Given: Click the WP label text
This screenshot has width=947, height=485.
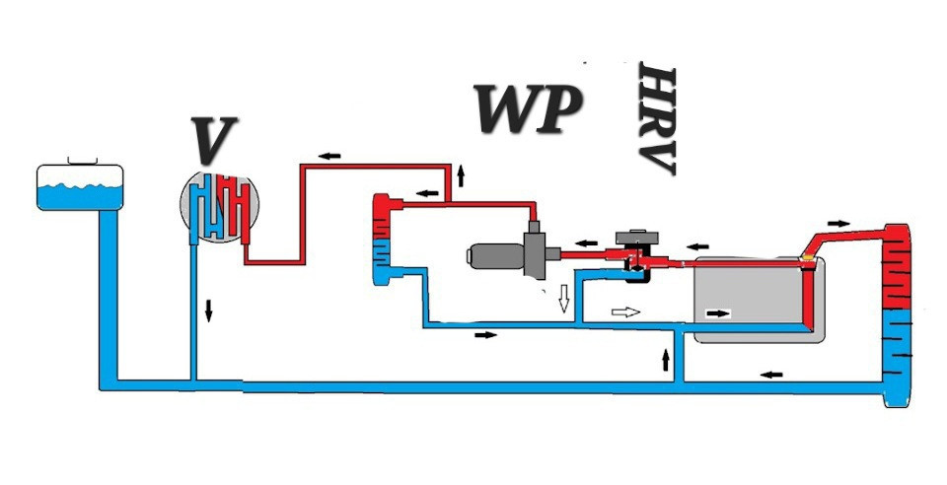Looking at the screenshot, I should (x=527, y=109).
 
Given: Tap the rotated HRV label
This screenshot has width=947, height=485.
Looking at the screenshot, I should (x=656, y=119).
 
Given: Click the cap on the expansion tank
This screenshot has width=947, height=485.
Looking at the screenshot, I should (x=81, y=159).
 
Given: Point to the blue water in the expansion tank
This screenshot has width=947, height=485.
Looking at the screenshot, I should (x=80, y=196).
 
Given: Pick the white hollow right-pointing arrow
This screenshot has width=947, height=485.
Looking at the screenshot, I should (x=625, y=312).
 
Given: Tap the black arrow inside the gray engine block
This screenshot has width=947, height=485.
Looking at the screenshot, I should (x=719, y=313).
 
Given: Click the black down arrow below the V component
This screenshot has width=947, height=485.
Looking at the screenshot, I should (x=209, y=310).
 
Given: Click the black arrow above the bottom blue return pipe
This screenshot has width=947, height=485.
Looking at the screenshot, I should (x=772, y=373).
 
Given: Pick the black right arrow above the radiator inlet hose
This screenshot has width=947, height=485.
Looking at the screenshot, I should (x=838, y=221).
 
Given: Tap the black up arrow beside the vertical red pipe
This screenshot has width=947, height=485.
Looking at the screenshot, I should (x=460, y=178).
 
